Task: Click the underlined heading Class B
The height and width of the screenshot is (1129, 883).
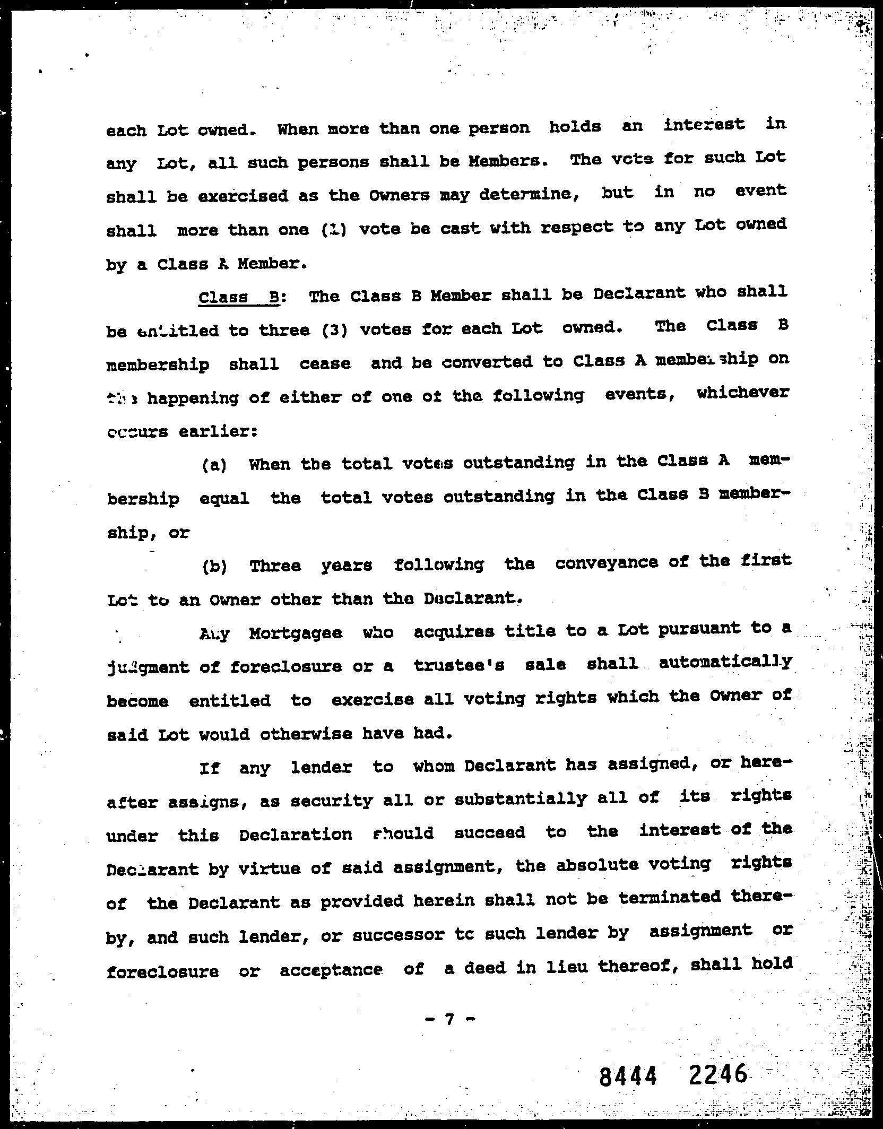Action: [x=238, y=297]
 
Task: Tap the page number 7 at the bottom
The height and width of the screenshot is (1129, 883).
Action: [x=449, y=1019]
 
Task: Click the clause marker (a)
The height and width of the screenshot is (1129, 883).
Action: [x=214, y=465]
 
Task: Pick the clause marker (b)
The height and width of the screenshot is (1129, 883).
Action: [x=214, y=567]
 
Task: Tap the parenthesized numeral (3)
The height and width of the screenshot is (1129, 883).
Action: [x=334, y=331]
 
